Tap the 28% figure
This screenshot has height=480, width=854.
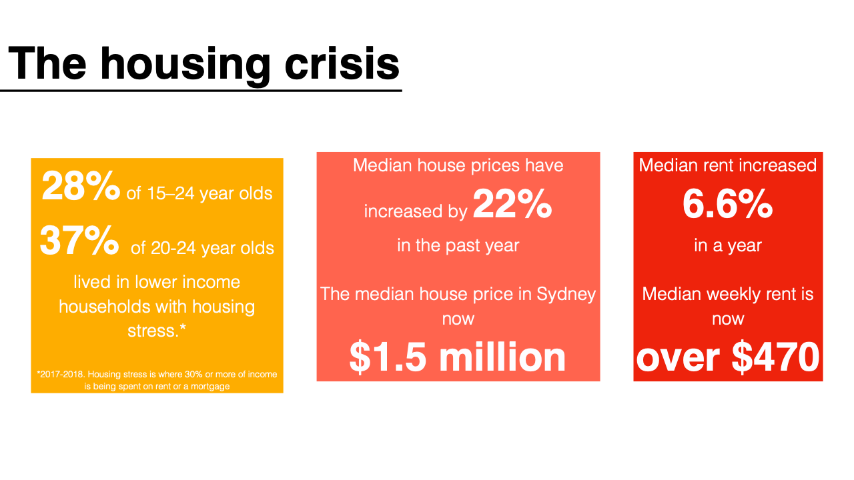tap(81, 186)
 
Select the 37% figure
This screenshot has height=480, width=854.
tap(79, 241)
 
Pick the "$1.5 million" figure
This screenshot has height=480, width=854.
tap(458, 357)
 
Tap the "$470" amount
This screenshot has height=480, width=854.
tap(775, 357)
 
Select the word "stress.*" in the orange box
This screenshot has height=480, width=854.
tap(157, 331)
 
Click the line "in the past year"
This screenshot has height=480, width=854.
tap(458, 245)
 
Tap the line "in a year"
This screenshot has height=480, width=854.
tap(727, 245)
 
